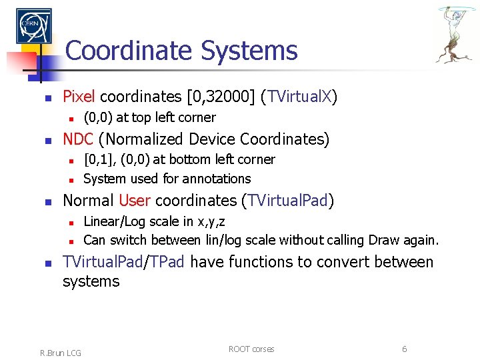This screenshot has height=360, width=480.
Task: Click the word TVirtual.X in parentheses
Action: coord(300,97)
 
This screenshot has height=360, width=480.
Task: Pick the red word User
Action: coord(135,201)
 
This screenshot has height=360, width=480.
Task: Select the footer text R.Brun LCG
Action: coord(60,353)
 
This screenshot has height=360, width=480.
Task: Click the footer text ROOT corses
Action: coord(251,349)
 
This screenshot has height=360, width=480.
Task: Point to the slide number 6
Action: coord(404,349)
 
